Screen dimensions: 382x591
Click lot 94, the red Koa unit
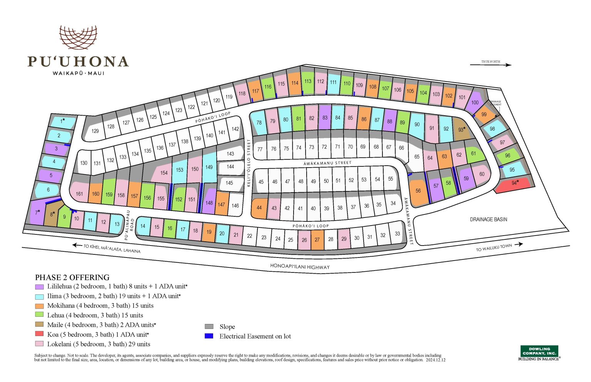click(x=514, y=184)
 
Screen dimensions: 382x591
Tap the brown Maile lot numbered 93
click(x=461, y=129)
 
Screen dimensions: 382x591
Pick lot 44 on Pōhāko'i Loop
click(x=259, y=208)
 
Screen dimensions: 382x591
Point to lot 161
click(x=79, y=193)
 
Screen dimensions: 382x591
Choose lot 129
click(x=95, y=131)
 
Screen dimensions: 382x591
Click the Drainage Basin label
click(x=488, y=219)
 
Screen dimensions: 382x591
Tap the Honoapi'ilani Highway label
click(x=300, y=266)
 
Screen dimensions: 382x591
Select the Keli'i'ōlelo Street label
click(x=249, y=163)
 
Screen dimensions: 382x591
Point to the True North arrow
click(x=491, y=65)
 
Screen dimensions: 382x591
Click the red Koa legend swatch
click(x=39, y=334)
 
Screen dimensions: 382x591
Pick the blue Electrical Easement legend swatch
click(x=209, y=336)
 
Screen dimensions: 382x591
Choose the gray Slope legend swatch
click(x=209, y=327)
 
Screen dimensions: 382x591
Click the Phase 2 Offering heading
click(x=72, y=277)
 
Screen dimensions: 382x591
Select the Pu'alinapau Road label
click(x=130, y=225)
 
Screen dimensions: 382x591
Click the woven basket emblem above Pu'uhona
click(x=78, y=37)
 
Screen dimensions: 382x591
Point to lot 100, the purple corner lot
click(x=475, y=102)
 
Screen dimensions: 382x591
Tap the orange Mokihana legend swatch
click(x=39, y=306)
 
